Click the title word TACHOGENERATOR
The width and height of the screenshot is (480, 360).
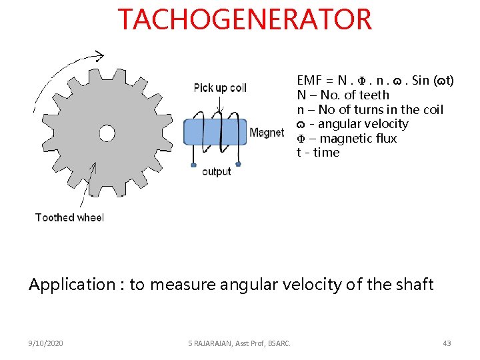click(x=245, y=19)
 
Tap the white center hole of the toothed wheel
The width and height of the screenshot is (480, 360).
click(x=107, y=133)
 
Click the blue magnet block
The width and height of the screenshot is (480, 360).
click(x=214, y=131)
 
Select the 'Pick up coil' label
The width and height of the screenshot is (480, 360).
click(x=220, y=88)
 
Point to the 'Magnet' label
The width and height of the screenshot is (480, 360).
click(x=267, y=133)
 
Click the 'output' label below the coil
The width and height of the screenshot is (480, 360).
click(x=216, y=172)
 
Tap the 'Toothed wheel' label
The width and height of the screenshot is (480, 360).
click(x=69, y=217)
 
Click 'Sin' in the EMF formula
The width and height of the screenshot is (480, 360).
click(x=421, y=81)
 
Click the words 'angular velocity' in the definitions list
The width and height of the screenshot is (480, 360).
click(x=363, y=124)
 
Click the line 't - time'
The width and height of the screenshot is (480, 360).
click(x=318, y=153)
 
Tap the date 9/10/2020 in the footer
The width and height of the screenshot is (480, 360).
click(x=47, y=343)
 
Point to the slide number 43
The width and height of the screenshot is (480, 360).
click(x=447, y=343)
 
